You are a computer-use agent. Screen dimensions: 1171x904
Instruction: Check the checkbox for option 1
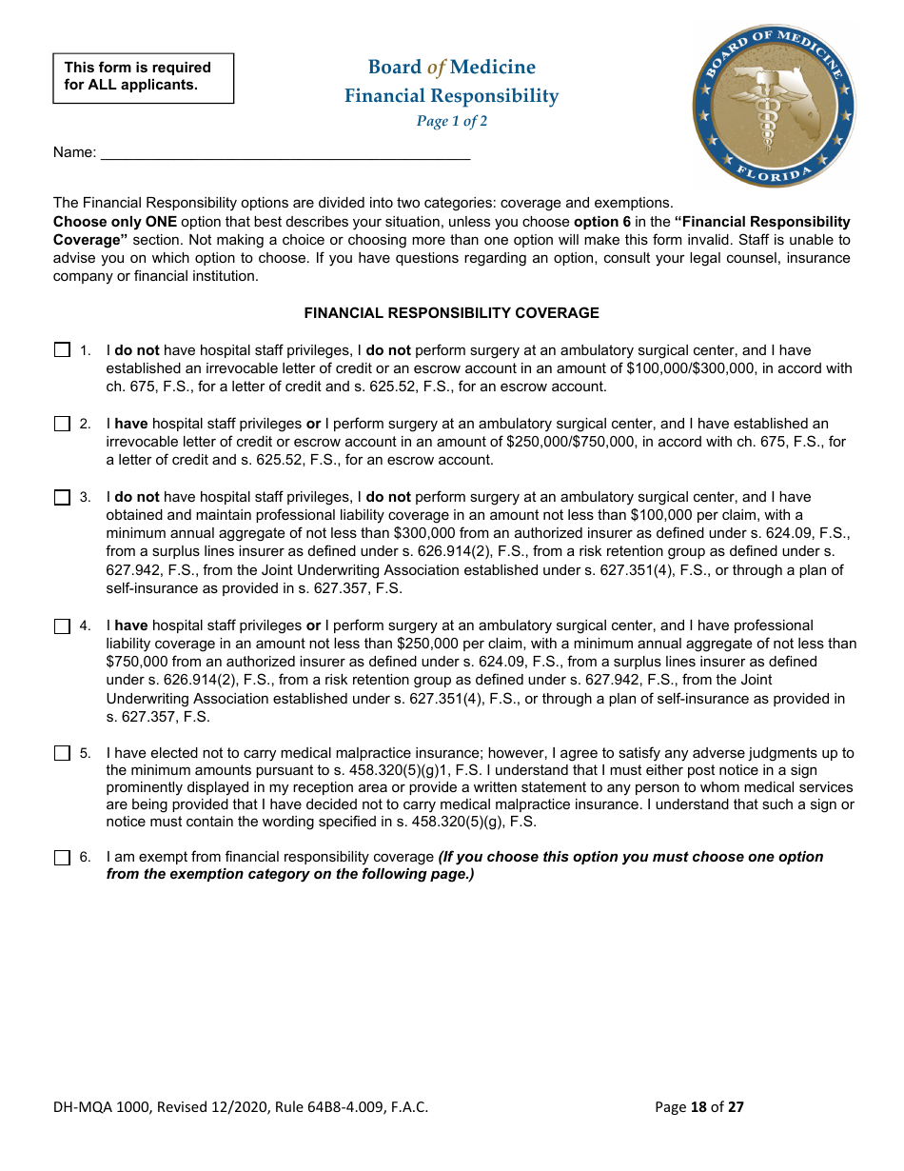click(x=63, y=350)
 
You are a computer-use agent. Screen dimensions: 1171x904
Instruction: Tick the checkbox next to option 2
click(x=63, y=424)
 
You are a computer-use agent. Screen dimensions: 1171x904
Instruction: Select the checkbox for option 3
click(x=63, y=497)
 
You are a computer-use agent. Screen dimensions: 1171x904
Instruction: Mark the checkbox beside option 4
click(x=63, y=625)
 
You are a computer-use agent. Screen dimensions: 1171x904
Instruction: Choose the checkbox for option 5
click(x=63, y=753)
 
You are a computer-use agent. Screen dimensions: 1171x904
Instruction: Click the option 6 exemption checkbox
click(x=63, y=857)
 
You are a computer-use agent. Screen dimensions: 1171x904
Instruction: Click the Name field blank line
click(x=285, y=152)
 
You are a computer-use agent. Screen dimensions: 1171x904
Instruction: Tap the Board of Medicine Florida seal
click(x=774, y=106)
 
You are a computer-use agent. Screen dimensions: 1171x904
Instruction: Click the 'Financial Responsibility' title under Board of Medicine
click(x=451, y=96)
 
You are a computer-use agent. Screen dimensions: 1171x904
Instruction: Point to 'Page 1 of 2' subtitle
click(x=451, y=121)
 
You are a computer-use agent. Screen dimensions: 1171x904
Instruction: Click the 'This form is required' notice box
click(x=143, y=76)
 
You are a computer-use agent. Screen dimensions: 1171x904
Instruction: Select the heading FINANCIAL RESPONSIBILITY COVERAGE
click(x=451, y=312)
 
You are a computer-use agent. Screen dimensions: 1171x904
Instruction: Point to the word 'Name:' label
click(x=74, y=152)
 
